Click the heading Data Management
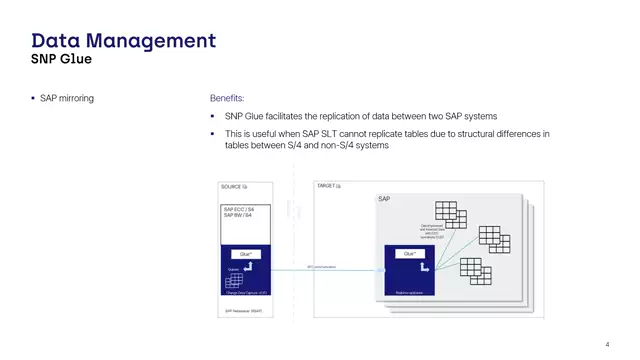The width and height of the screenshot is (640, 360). coord(123,41)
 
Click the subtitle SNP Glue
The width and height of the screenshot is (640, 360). coord(62,59)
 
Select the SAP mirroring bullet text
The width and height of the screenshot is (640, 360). coord(67,98)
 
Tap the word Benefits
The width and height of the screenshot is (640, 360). coord(227,98)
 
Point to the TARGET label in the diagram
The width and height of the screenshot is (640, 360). coord(329,186)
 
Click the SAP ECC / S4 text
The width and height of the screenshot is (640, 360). coord(238,209)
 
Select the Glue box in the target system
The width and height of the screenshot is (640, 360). coord(410,254)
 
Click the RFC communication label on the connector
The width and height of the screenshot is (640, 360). coord(321,266)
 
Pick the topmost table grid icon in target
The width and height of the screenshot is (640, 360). coord(445,212)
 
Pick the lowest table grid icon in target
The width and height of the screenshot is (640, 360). coord(470,267)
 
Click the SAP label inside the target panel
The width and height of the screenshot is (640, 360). coord(384,199)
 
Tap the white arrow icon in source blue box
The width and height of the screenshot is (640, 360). coord(246,268)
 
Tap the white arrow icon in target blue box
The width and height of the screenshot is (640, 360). coord(425,266)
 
